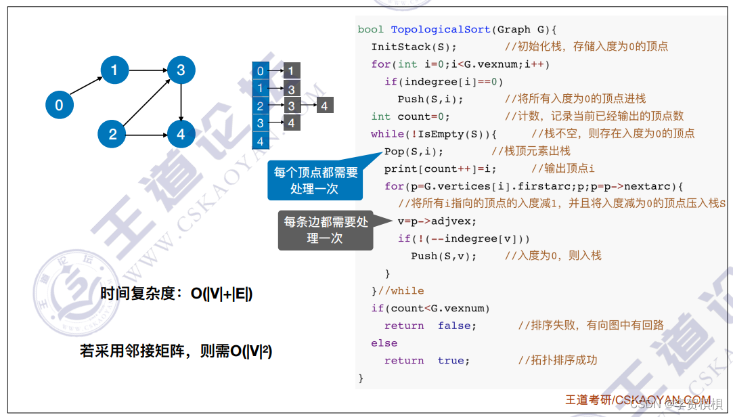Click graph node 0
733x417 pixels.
[59, 105]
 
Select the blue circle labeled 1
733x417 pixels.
[114, 70]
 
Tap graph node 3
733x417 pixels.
[181, 70]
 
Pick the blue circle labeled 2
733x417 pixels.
[112, 134]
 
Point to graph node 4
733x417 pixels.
[181, 134]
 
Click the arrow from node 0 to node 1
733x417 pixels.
[86, 87]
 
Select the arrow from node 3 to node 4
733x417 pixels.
[181, 102]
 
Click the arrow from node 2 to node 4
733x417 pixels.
[146, 134]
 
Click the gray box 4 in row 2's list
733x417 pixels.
[324, 106]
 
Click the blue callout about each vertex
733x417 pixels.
[315, 181]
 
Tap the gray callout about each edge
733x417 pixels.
[326, 230]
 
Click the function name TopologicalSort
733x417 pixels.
[440, 29]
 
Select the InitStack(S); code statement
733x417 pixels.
[414, 47]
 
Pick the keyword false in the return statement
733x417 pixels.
[457, 326]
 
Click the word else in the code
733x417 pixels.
[384, 343]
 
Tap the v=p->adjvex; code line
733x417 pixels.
[437, 221]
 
